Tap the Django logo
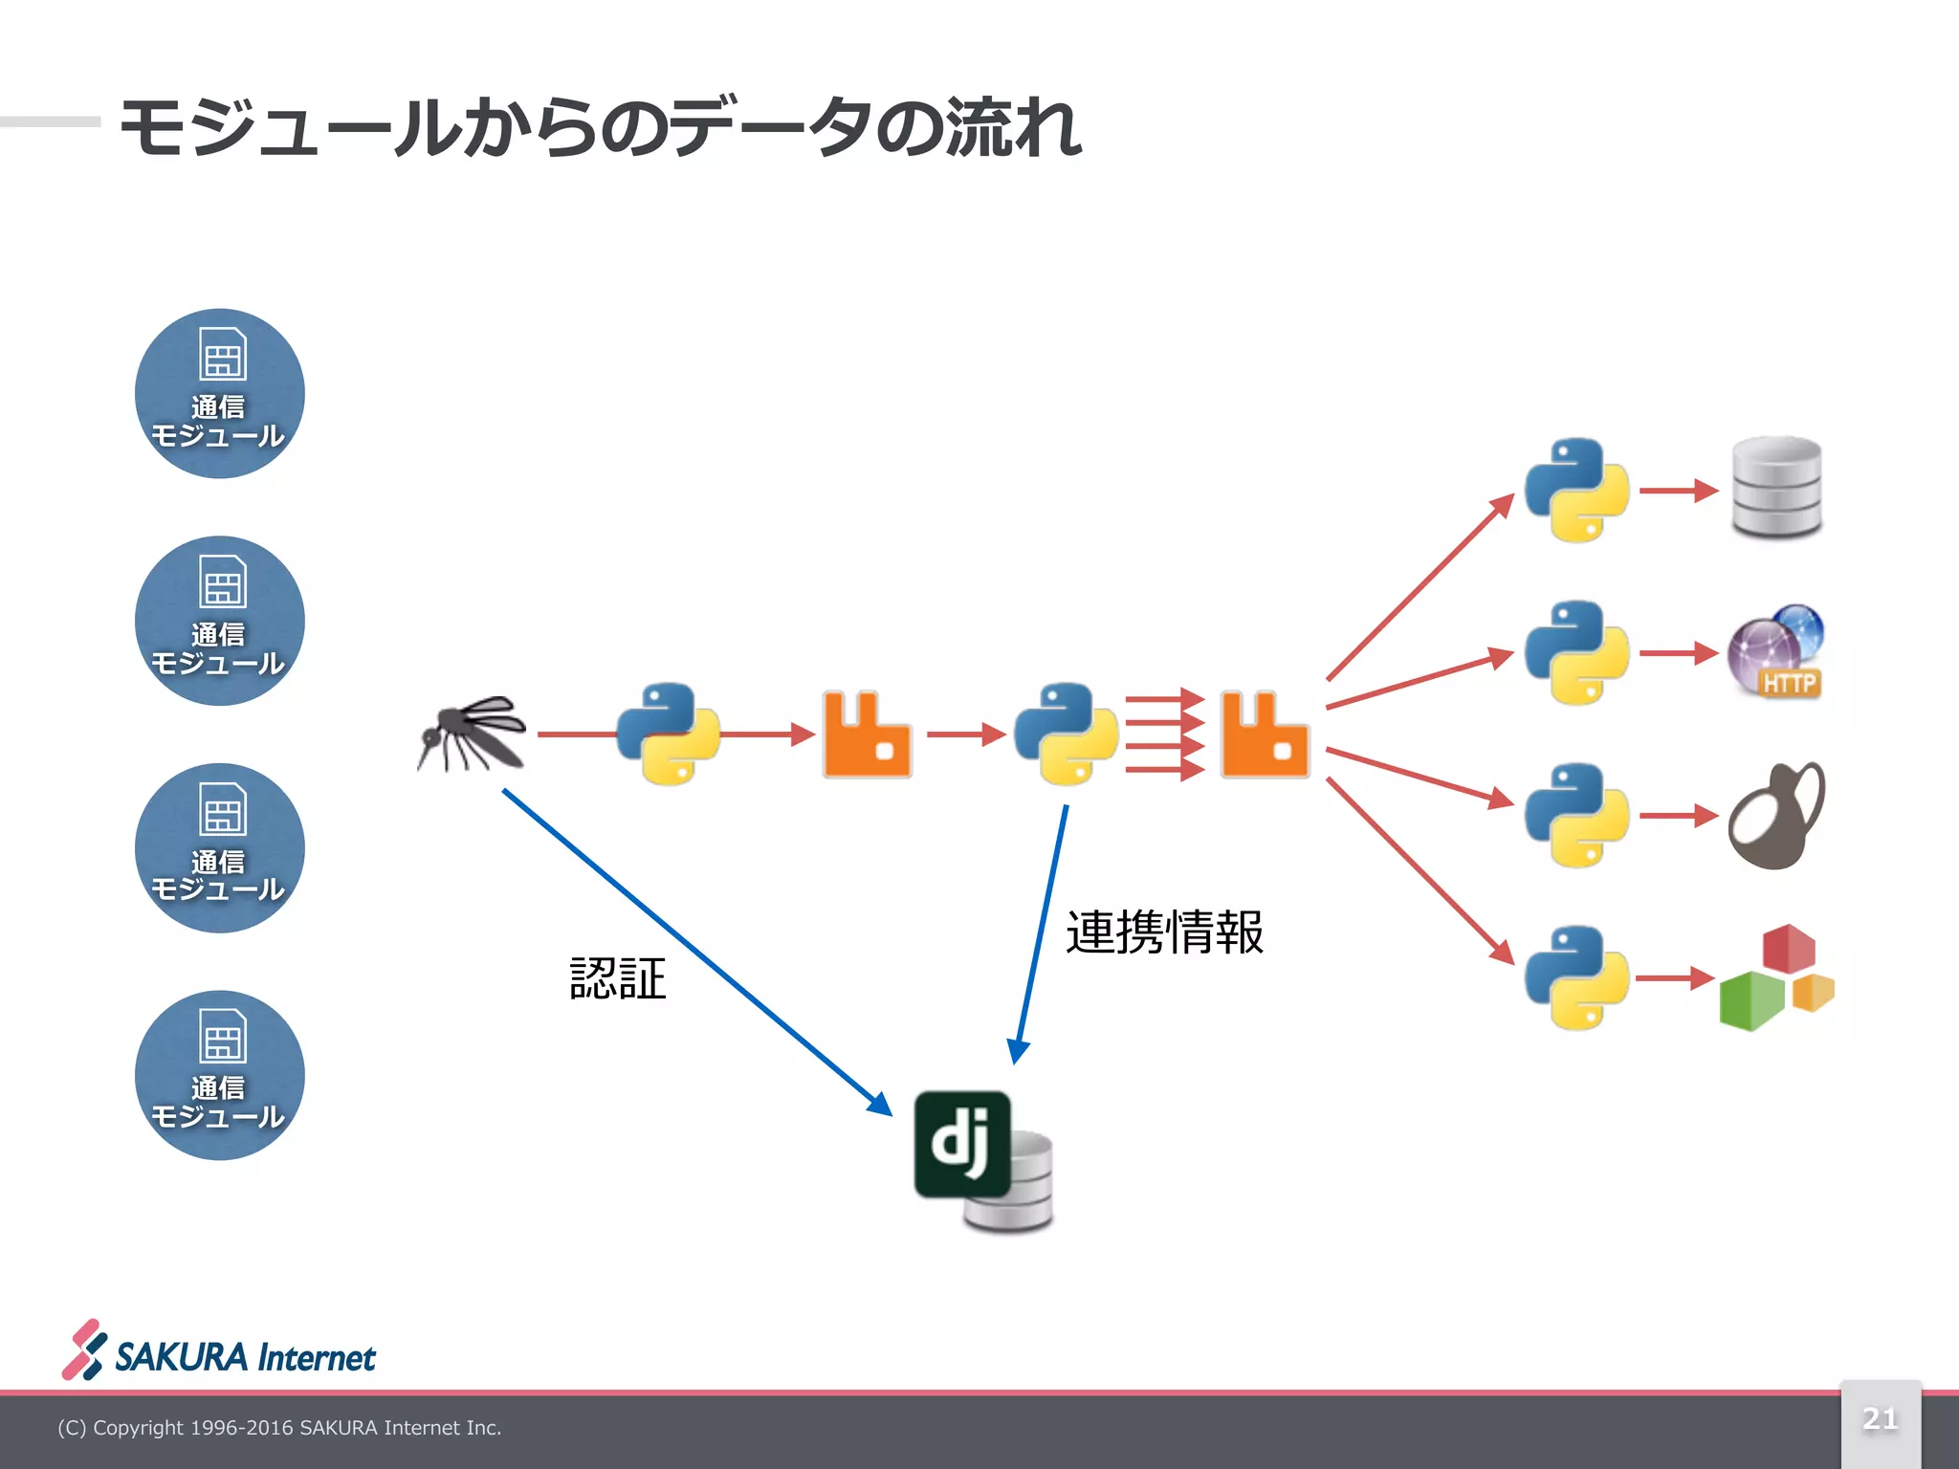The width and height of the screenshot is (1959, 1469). pyautogui.click(x=962, y=1144)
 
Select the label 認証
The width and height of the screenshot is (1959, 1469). pyautogui.click(x=618, y=978)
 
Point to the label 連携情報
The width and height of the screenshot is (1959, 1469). pyautogui.click(x=1164, y=932)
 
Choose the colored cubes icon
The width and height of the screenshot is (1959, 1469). pyautogui.click(x=1776, y=977)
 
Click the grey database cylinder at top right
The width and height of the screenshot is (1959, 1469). pyautogui.click(x=1776, y=488)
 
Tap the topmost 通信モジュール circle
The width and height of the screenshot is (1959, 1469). pyautogui.click(x=220, y=393)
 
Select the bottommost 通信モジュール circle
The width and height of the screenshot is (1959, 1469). pyautogui.click(x=220, y=1075)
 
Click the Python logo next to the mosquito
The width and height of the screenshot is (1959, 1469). pyautogui.click(x=668, y=734)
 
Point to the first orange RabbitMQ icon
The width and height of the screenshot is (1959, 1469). pyautogui.click(x=867, y=734)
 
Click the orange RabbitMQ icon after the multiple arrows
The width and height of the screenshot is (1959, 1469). pyautogui.click(x=1265, y=734)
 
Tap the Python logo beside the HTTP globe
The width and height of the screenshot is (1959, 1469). pyautogui.click(x=1576, y=652)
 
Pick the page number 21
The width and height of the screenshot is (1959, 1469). pyautogui.click(x=1880, y=1418)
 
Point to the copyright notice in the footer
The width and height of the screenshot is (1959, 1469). pyautogui.click(x=279, y=1428)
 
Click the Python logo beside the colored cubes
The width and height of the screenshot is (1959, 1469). pyautogui.click(x=1576, y=977)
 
